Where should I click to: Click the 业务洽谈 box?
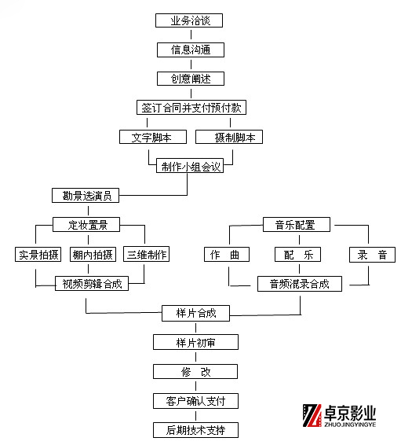(x=189, y=20)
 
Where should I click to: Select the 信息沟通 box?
(x=191, y=50)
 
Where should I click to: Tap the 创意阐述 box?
(x=191, y=79)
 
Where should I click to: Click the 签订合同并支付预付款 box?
(x=191, y=108)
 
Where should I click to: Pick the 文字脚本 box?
(x=153, y=137)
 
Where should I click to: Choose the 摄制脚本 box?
(x=229, y=137)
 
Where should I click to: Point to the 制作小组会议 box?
(x=190, y=166)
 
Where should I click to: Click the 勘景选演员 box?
(x=86, y=195)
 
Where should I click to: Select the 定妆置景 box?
(x=86, y=225)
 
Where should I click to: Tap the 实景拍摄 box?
(x=38, y=254)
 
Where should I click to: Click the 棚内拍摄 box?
(x=93, y=254)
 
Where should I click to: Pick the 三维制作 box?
(x=147, y=254)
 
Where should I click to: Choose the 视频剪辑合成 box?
(x=92, y=283)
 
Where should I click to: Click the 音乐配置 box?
(x=297, y=225)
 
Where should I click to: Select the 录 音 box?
(x=373, y=255)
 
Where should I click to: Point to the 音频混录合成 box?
(x=300, y=284)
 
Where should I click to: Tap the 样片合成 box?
(x=195, y=314)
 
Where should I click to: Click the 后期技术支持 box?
(x=195, y=430)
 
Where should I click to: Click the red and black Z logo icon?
(x=312, y=415)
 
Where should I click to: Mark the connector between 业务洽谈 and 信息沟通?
(x=191, y=35)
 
